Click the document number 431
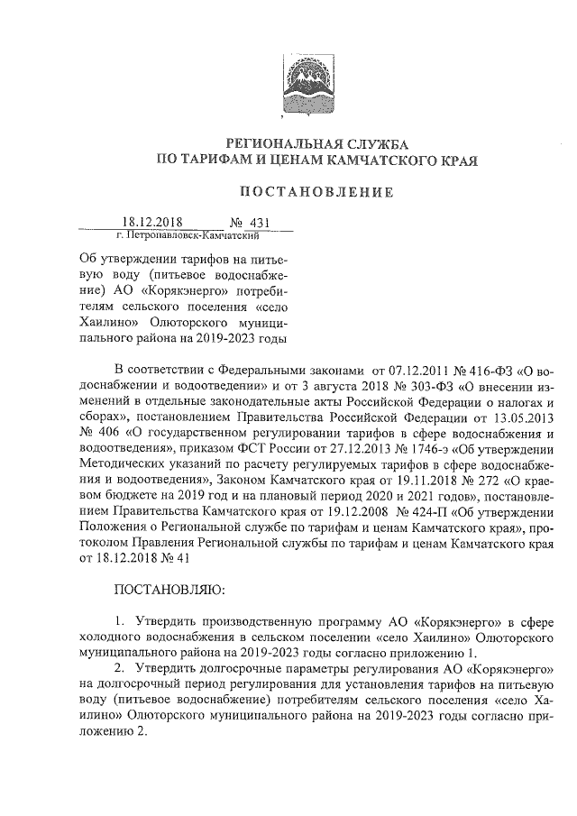pyautogui.click(x=259, y=222)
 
